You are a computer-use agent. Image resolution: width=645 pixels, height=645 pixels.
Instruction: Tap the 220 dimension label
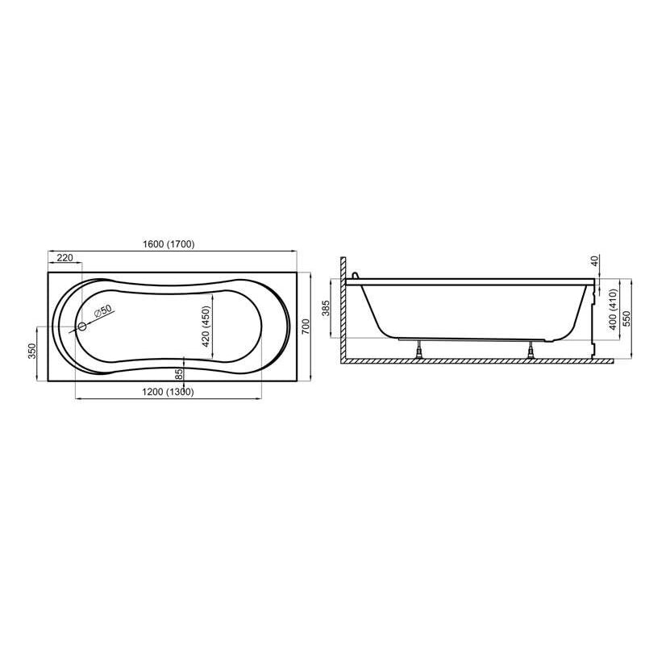click(65, 258)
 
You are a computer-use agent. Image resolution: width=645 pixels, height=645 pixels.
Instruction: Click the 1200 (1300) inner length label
click(167, 392)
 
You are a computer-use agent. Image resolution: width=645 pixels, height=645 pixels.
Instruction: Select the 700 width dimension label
click(306, 326)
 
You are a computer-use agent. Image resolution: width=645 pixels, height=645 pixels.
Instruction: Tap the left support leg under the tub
click(419, 349)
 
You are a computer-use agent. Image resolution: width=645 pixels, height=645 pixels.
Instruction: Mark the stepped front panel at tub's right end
click(594, 318)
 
